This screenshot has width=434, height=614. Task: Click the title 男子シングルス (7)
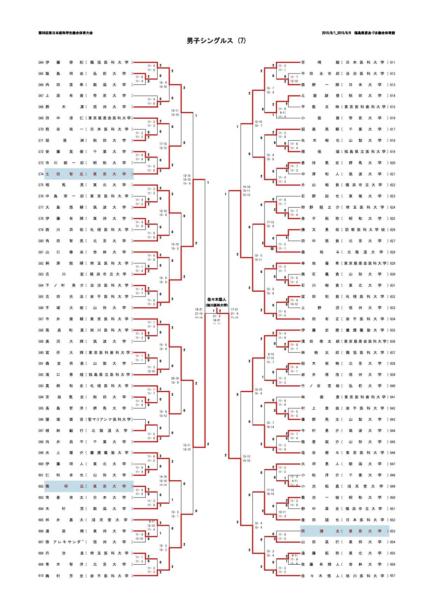pyautogui.click(x=216, y=41)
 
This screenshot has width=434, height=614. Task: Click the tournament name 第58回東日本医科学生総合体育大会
pyautogui.click(x=66, y=33)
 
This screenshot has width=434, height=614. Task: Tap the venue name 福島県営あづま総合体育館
pyautogui.click(x=374, y=33)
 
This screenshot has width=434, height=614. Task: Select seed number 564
pyautogui.click(x=41, y=63)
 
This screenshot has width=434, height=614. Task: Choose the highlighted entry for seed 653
pyautogui.click(x=345, y=531)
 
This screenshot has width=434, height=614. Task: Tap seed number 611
pyautogui.click(x=393, y=63)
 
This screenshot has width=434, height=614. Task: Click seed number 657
pyautogui.click(x=393, y=575)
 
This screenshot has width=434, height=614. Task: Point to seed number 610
pyautogui.click(x=41, y=575)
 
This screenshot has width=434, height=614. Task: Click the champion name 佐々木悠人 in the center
pyautogui.click(x=217, y=300)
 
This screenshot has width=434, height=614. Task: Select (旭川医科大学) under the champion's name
pyautogui.click(x=217, y=305)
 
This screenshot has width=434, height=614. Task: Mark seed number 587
pyautogui.click(x=41, y=319)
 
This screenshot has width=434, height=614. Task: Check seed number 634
pyautogui.click(x=393, y=319)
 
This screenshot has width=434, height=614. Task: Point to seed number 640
pyautogui.click(x=393, y=386)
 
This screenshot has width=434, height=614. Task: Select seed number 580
pyautogui.click(x=41, y=241)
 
